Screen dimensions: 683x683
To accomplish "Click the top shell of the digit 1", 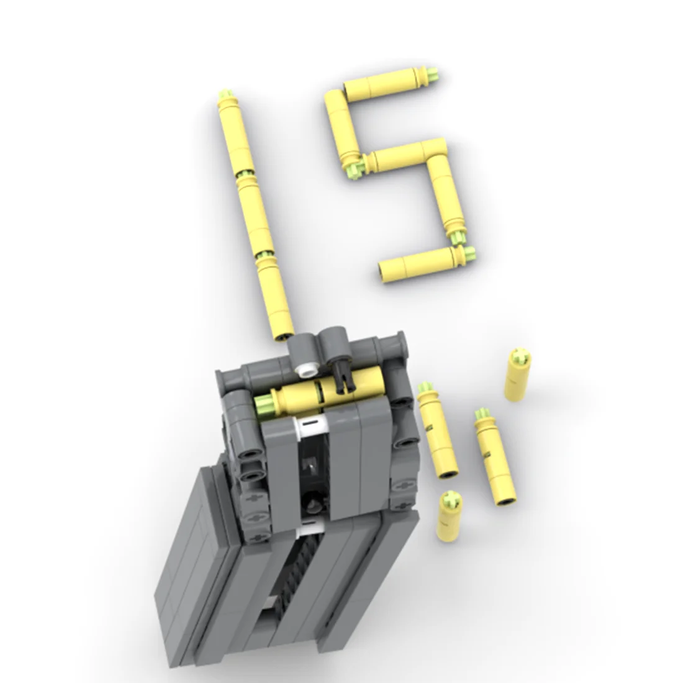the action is pos(236,134).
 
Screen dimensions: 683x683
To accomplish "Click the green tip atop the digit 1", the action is pos(225,94).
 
